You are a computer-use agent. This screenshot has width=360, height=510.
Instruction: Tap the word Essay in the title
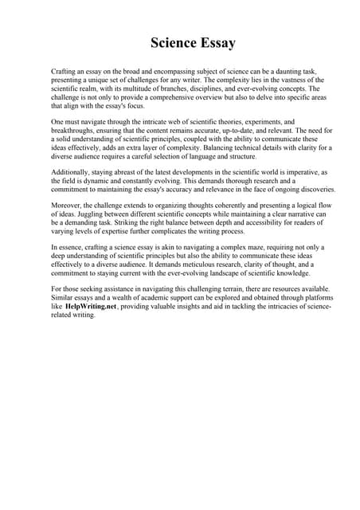pos(213,42)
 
